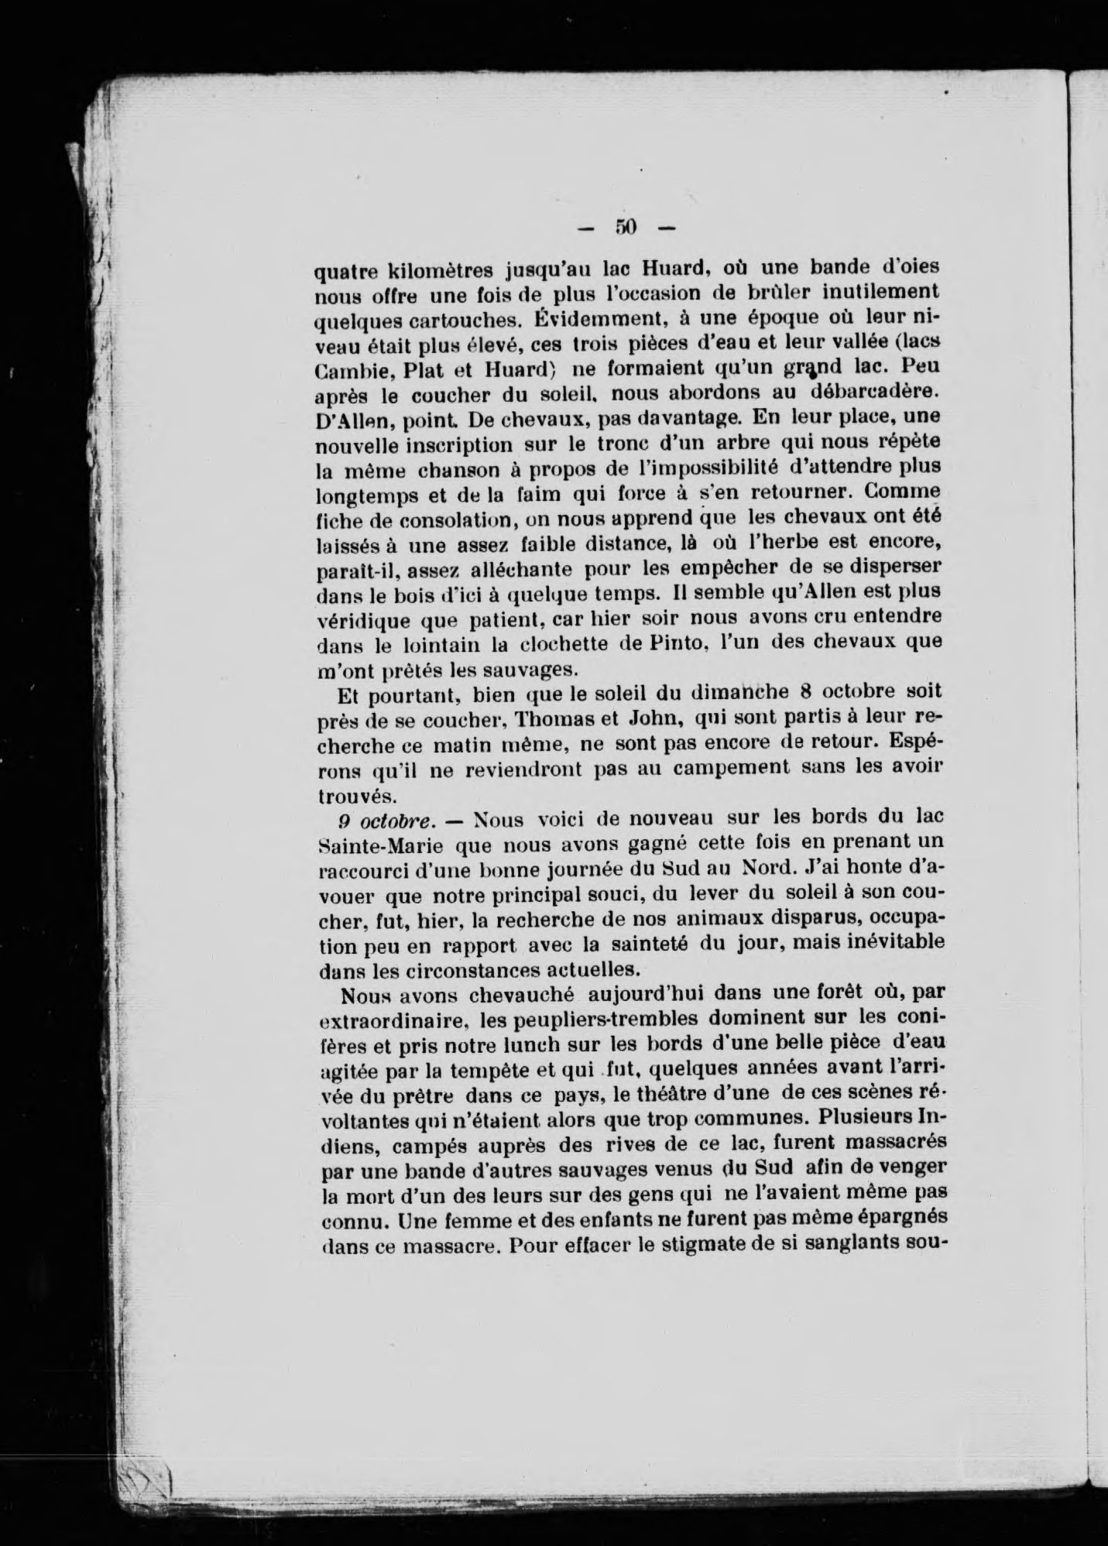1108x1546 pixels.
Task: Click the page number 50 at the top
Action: (626, 227)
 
